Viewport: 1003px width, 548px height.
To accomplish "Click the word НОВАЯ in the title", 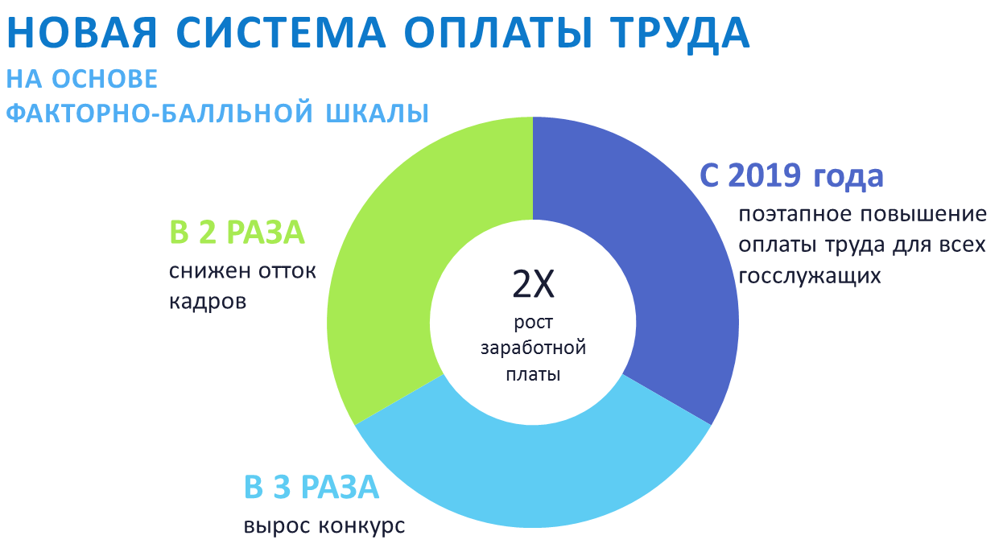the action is pos(82,33).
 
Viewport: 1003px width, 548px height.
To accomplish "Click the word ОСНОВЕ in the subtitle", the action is pos(105,79).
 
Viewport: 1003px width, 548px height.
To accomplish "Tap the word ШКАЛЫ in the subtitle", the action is pos(378,113).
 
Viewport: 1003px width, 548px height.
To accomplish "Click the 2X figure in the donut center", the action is pos(533,284).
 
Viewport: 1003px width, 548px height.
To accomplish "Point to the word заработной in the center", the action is pos(533,348).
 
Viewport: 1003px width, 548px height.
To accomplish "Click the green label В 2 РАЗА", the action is pos(237,233).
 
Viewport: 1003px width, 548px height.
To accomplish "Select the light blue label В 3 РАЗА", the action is pos(312,487).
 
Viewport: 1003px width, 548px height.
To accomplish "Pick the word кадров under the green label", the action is pos(208,301).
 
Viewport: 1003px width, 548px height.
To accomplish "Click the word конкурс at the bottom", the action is pos(361,526).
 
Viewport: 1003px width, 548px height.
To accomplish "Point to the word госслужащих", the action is pos(810,276).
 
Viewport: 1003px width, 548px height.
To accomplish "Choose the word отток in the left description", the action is pos(287,271).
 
